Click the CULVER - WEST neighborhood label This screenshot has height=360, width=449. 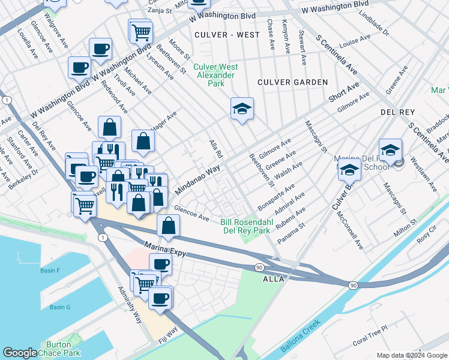[x=227, y=35]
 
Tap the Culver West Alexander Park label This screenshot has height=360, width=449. [x=218, y=76]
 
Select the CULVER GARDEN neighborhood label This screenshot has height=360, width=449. [x=292, y=82]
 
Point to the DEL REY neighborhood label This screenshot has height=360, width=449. [x=397, y=112]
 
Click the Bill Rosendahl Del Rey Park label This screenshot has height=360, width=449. [x=246, y=226]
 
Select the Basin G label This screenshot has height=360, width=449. [x=60, y=307]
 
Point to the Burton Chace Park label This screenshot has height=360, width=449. [x=63, y=349]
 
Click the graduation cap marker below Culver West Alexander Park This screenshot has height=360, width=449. [x=242, y=109]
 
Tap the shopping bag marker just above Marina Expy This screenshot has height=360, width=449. [x=169, y=226]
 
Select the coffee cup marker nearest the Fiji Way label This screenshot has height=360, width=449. [x=160, y=298]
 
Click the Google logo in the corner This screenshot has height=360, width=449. [x=20, y=353]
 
